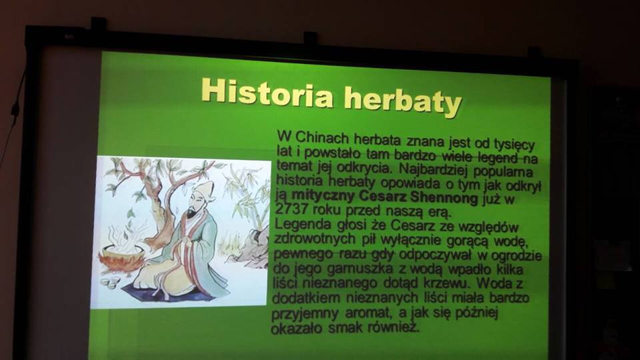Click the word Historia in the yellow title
(x=267, y=91)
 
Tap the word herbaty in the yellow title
(x=403, y=101)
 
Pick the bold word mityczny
(x=323, y=195)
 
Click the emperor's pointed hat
(x=205, y=189)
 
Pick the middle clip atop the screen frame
(x=310, y=37)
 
